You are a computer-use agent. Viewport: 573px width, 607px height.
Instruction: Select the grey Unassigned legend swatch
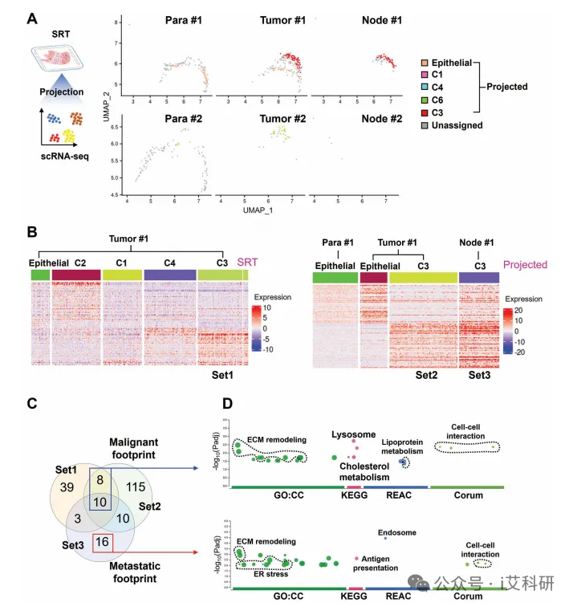coord(426,125)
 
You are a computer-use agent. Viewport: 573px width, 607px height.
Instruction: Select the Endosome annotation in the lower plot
coord(395,532)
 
